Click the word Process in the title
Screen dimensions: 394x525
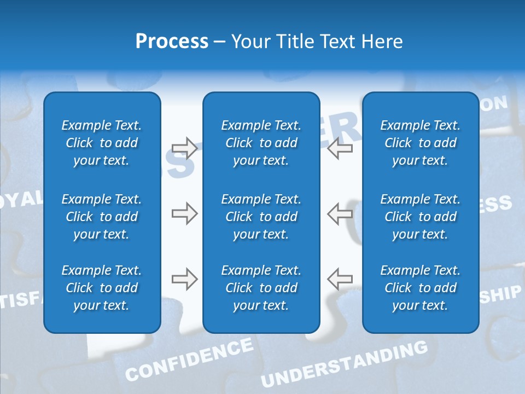pyautogui.click(x=172, y=42)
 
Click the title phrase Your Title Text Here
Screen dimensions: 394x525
pyautogui.click(x=317, y=42)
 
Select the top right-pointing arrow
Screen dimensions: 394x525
pyautogui.click(x=184, y=148)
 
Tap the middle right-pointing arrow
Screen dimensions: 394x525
pyautogui.click(x=184, y=213)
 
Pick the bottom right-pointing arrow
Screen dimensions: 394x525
pyautogui.click(x=184, y=279)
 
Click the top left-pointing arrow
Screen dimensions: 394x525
pyautogui.click(x=340, y=148)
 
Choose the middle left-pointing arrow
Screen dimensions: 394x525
pyautogui.click(x=340, y=213)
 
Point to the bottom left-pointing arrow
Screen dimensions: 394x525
pyautogui.click(x=340, y=279)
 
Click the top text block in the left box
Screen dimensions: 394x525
pyautogui.click(x=102, y=143)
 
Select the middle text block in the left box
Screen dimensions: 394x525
pyautogui.click(x=102, y=217)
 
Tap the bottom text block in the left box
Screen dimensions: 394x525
pyautogui.click(x=102, y=288)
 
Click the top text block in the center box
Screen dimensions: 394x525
pyautogui.click(x=261, y=143)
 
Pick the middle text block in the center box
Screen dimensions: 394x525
pyautogui.click(x=261, y=217)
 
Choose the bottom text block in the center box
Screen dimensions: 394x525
pyautogui.click(x=261, y=288)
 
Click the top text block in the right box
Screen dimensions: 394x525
pyautogui.click(x=421, y=143)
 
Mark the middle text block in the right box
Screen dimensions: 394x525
pyautogui.click(x=421, y=217)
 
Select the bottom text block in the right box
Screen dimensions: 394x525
pyautogui.click(x=421, y=288)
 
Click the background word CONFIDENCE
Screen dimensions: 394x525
pyautogui.click(x=189, y=360)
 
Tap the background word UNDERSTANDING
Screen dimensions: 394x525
pyautogui.click(x=344, y=364)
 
